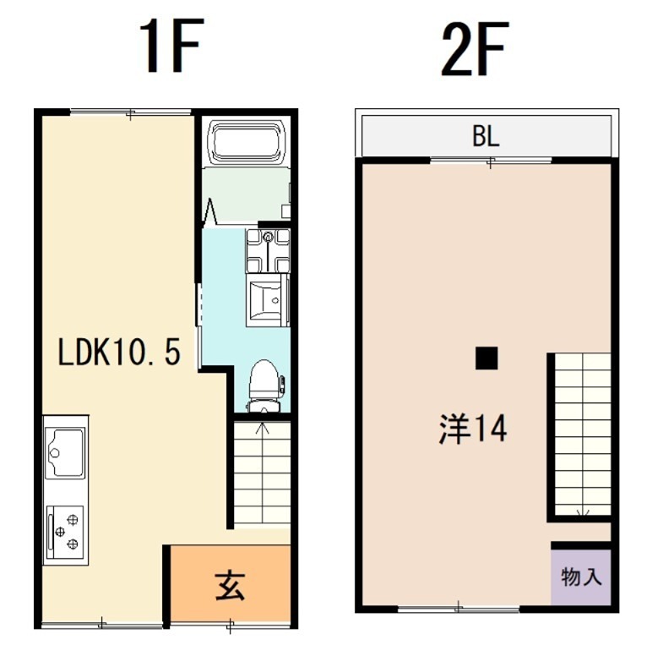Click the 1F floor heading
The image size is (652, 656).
coord(171,48)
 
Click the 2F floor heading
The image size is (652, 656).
coord(474,48)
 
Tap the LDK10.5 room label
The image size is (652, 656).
coord(119,352)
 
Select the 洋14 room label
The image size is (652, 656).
coord(472,429)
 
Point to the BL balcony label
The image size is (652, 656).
coord(485,138)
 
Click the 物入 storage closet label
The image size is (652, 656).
coord(581,577)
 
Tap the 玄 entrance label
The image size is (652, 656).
coord(230,585)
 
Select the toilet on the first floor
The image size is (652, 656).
coord(265,385)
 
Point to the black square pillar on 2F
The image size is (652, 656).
coord(486,358)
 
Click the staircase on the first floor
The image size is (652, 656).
coord(261,473)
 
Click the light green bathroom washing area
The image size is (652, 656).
coord(245,193)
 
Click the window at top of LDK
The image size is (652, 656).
coord(130,112)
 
